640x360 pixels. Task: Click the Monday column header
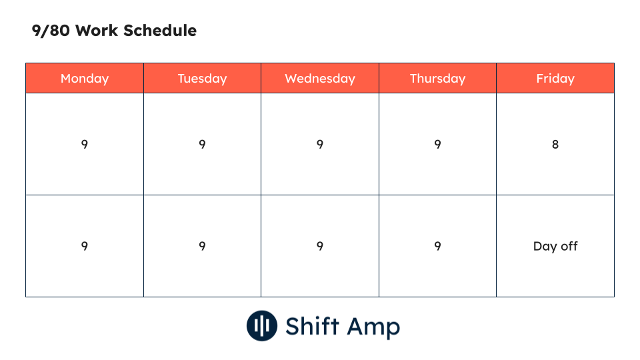[85, 79]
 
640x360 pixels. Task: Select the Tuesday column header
[202, 79]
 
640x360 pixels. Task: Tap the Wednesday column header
[320, 79]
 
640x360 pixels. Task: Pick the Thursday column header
[437, 79]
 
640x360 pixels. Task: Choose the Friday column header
[555, 79]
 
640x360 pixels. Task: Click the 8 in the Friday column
[555, 144]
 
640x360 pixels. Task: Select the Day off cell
[555, 246]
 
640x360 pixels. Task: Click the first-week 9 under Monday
[85, 144]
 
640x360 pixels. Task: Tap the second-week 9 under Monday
[85, 246]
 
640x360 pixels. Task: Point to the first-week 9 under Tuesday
[202, 144]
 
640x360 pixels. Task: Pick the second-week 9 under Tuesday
[202, 246]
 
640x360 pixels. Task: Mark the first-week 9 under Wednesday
[320, 144]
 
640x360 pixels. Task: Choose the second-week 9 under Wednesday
[320, 246]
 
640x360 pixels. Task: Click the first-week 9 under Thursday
[437, 144]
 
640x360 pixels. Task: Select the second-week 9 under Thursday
[437, 246]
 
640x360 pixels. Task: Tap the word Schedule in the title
[163, 31]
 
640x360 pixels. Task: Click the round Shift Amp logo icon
[262, 326]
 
